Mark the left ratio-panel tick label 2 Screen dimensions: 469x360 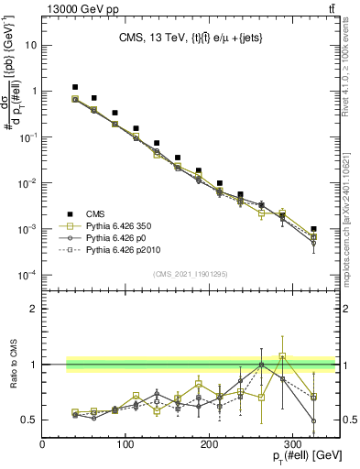tap(34, 309)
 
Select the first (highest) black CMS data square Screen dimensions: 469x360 tap(75, 87)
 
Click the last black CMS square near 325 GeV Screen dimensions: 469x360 tap(313, 229)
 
